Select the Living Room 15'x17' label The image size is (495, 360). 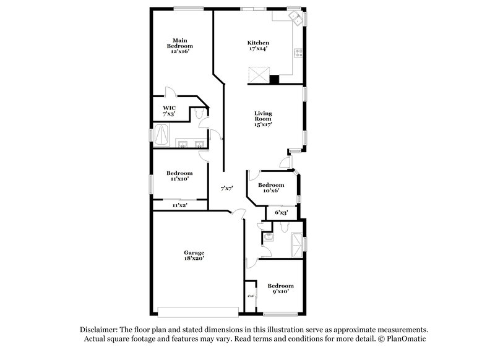pos(263,118)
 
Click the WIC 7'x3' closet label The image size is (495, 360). pos(169,111)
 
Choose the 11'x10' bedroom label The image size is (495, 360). pos(180,176)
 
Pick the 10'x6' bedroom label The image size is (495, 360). pos(271,188)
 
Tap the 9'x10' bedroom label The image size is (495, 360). pos(280,288)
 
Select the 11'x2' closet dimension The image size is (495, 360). pos(179,205)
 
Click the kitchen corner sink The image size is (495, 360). pos(296,19)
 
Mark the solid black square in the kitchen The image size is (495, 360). pos(274,79)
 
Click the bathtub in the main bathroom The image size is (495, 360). pos(163,132)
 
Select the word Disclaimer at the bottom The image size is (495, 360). pos(102,330)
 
